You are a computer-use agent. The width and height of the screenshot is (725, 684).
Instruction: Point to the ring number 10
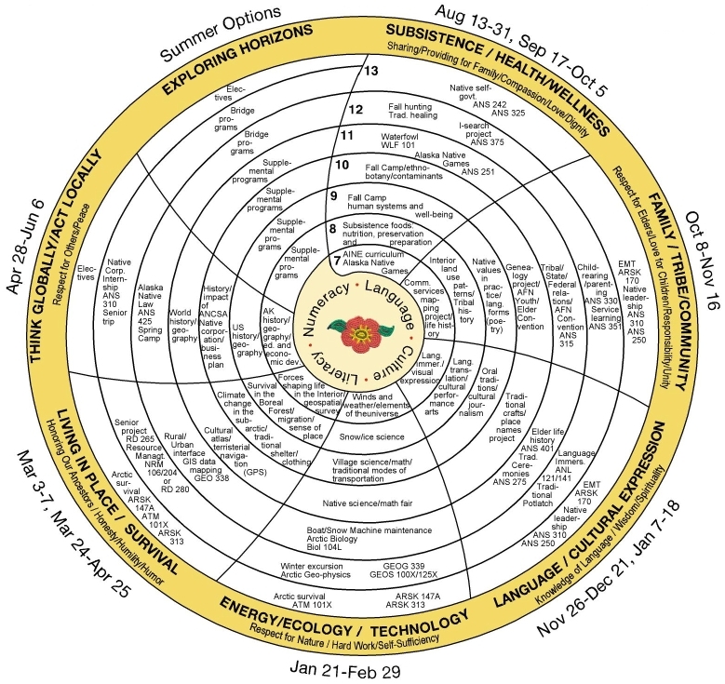click(x=342, y=165)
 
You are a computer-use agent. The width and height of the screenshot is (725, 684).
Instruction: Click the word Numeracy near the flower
click(x=329, y=304)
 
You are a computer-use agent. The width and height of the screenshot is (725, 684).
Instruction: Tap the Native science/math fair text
click(x=369, y=503)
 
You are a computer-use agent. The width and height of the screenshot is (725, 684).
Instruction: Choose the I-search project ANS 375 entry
click(x=480, y=135)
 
